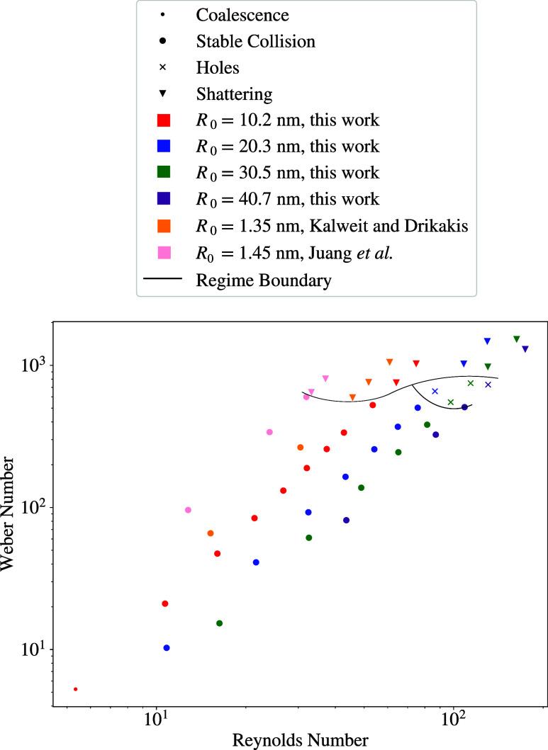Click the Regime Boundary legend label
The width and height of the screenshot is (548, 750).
click(264, 280)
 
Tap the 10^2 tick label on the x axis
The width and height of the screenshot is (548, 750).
click(453, 722)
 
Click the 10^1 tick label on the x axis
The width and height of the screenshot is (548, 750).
click(155, 722)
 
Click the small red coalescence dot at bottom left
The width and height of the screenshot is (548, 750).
click(75, 689)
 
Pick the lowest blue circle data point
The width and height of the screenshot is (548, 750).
click(167, 648)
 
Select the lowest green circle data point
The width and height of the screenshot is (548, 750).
click(219, 623)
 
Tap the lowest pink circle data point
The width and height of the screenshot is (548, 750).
click(188, 510)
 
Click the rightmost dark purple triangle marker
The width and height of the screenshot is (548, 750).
click(525, 348)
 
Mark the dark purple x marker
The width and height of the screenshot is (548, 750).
click(488, 385)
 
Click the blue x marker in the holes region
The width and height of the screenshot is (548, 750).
click(435, 391)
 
